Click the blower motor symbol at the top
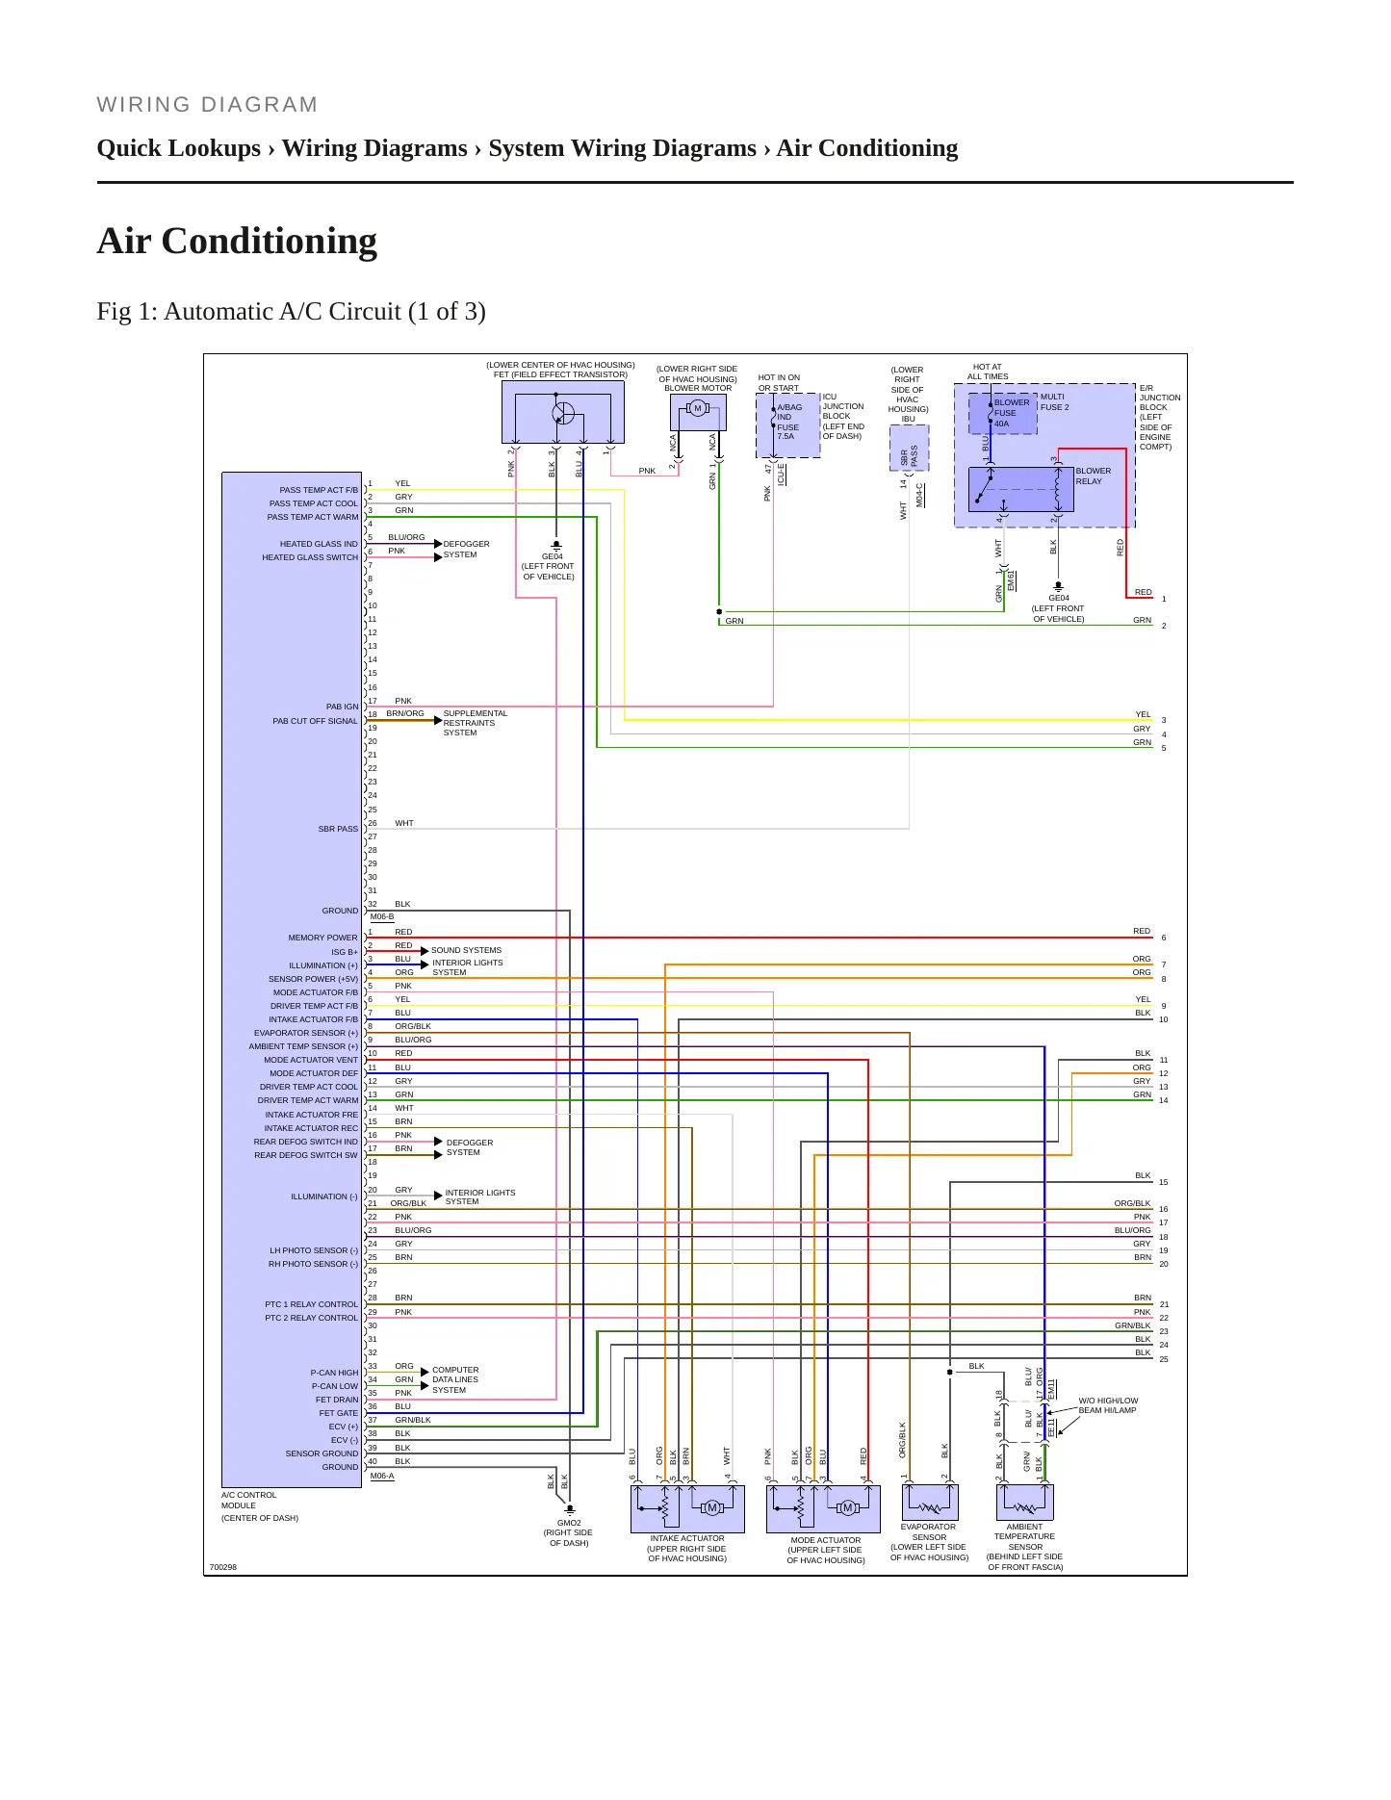tap(698, 409)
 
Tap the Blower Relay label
tap(1094, 476)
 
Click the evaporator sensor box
tap(930, 1502)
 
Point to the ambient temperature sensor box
tap(1025, 1502)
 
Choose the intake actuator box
tap(687, 1508)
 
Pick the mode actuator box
tap(823, 1508)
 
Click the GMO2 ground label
tap(569, 1523)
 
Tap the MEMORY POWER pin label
tap(322, 938)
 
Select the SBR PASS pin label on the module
tap(338, 829)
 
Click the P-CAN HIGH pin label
tap(334, 1373)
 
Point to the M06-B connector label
tap(382, 917)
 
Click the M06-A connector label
tap(382, 1476)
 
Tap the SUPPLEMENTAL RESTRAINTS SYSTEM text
tap(475, 723)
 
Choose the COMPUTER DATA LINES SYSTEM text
tap(455, 1379)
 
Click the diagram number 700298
tap(222, 1567)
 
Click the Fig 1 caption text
tap(291, 312)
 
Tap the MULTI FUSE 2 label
tap(1054, 402)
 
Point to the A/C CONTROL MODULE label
tap(248, 1500)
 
